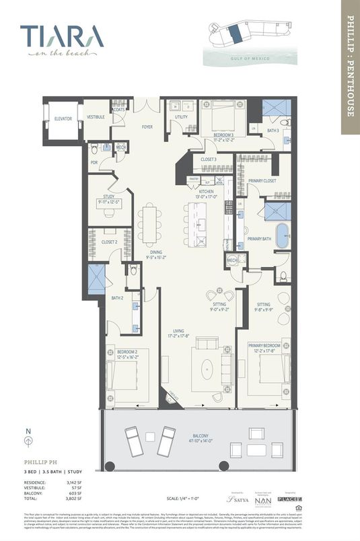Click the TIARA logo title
[61, 36]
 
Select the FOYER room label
[147, 126]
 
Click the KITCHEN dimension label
[206, 193]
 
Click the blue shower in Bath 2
[97, 279]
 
